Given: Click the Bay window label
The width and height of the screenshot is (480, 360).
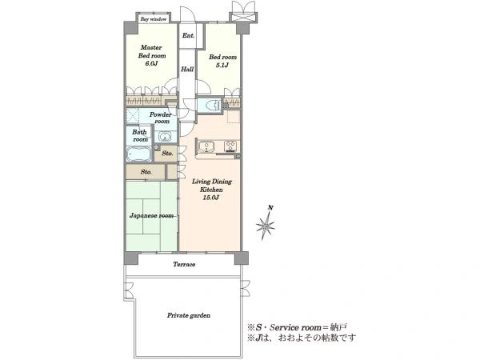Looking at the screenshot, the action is (154, 19).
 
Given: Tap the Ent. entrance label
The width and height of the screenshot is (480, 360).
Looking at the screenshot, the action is (188, 35).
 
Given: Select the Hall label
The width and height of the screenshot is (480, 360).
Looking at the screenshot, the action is (187, 69).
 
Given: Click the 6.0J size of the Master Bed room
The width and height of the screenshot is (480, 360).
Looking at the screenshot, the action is (151, 64).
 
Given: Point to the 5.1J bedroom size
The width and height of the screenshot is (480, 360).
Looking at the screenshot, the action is (222, 65).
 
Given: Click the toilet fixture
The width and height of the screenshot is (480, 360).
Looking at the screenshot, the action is (213, 106).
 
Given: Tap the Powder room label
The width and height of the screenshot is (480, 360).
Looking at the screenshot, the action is (161, 118).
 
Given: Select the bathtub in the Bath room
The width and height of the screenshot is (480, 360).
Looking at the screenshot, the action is (139, 154).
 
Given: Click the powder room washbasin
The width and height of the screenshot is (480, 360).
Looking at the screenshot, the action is (165, 136).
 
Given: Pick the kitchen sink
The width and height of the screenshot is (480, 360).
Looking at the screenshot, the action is (206, 146).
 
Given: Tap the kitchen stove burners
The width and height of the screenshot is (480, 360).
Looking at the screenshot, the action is (231, 146).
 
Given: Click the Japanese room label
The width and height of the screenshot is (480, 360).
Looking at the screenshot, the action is (151, 215).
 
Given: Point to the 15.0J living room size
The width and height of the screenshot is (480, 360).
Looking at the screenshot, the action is (211, 198).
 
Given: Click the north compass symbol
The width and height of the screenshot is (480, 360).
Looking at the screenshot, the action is (266, 226).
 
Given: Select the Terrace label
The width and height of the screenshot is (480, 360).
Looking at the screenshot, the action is (184, 264).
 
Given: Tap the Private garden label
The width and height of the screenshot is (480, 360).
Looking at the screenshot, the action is (189, 315).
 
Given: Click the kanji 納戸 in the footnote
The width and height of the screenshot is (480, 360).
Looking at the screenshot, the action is (338, 327).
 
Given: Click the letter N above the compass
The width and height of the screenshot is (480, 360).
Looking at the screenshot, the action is (270, 208).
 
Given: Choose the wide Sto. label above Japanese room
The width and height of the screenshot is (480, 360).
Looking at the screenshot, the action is (146, 172).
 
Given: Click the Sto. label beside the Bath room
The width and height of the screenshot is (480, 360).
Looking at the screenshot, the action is (167, 153).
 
